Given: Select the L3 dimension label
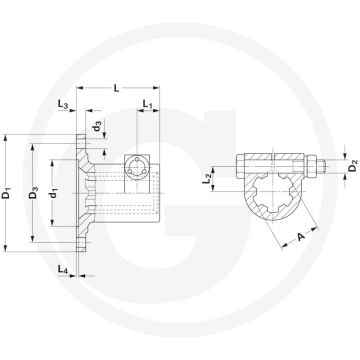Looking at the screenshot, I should point(63,104).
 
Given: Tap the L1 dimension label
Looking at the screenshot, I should point(146,103).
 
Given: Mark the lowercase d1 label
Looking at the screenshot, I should point(54,186).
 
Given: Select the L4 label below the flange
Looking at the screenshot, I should point(63,270).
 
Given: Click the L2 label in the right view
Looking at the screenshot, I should point(232,178).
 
